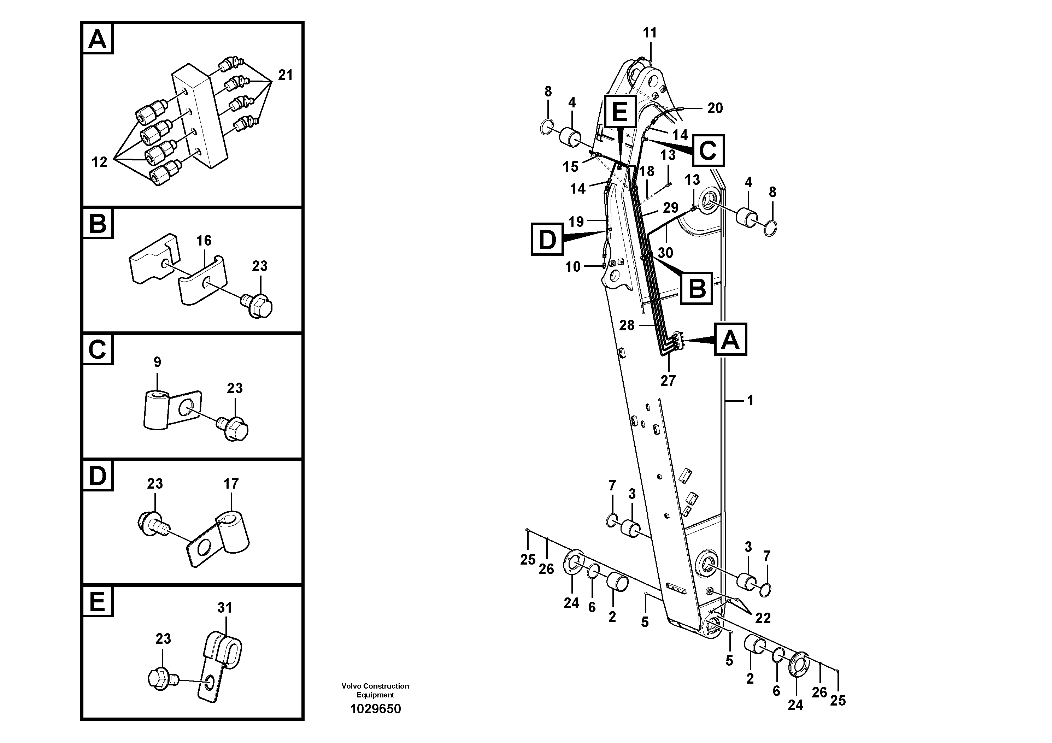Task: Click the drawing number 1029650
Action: (375, 709)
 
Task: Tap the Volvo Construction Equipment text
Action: (375, 690)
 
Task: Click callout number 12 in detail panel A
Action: (99, 162)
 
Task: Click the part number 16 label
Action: (204, 241)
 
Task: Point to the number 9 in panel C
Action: (157, 362)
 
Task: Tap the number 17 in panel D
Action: (231, 483)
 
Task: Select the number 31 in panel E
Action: (224, 608)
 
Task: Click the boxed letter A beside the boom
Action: (730, 340)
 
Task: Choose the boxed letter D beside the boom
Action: (547, 239)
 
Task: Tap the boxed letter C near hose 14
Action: (708, 150)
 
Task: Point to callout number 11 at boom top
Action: (650, 33)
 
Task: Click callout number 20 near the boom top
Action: (715, 108)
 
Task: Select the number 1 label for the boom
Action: (750, 401)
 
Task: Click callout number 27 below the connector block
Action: (668, 381)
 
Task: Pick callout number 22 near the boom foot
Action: (763, 618)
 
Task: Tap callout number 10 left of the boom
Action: (573, 267)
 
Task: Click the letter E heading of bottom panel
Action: (97, 601)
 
